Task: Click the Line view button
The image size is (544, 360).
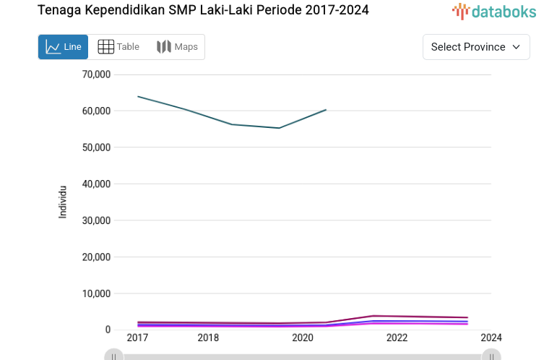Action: pyautogui.click(x=63, y=47)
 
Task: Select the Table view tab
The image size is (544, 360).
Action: pyautogui.click(x=118, y=47)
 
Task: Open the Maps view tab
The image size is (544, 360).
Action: pyautogui.click(x=177, y=47)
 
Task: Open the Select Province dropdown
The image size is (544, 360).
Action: pyautogui.click(x=476, y=47)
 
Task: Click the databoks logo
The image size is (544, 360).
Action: pyautogui.click(x=494, y=11)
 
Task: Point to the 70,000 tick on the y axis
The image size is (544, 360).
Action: pyautogui.click(x=96, y=74)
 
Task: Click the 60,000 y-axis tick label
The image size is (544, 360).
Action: pyautogui.click(x=96, y=111)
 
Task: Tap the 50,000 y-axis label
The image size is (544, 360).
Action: pyautogui.click(x=96, y=147)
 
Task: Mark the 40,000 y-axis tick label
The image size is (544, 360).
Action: pyautogui.click(x=96, y=184)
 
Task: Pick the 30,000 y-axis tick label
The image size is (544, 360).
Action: pyautogui.click(x=96, y=220)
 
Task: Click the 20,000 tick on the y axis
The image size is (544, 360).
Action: pyautogui.click(x=96, y=257)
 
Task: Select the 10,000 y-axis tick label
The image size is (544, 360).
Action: pyautogui.click(x=96, y=293)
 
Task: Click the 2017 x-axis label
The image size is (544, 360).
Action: pyautogui.click(x=137, y=338)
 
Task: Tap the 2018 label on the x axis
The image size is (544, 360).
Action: pyautogui.click(x=208, y=338)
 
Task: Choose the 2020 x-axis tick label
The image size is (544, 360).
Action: pyautogui.click(x=303, y=338)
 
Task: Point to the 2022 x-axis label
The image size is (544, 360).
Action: pyautogui.click(x=397, y=338)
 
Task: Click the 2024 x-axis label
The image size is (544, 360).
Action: pyautogui.click(x=491, y=338)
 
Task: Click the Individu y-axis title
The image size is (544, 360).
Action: pyautogui.click(x=63, y=202)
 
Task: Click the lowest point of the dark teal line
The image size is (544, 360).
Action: pyautogui.click(x=279, y=128)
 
